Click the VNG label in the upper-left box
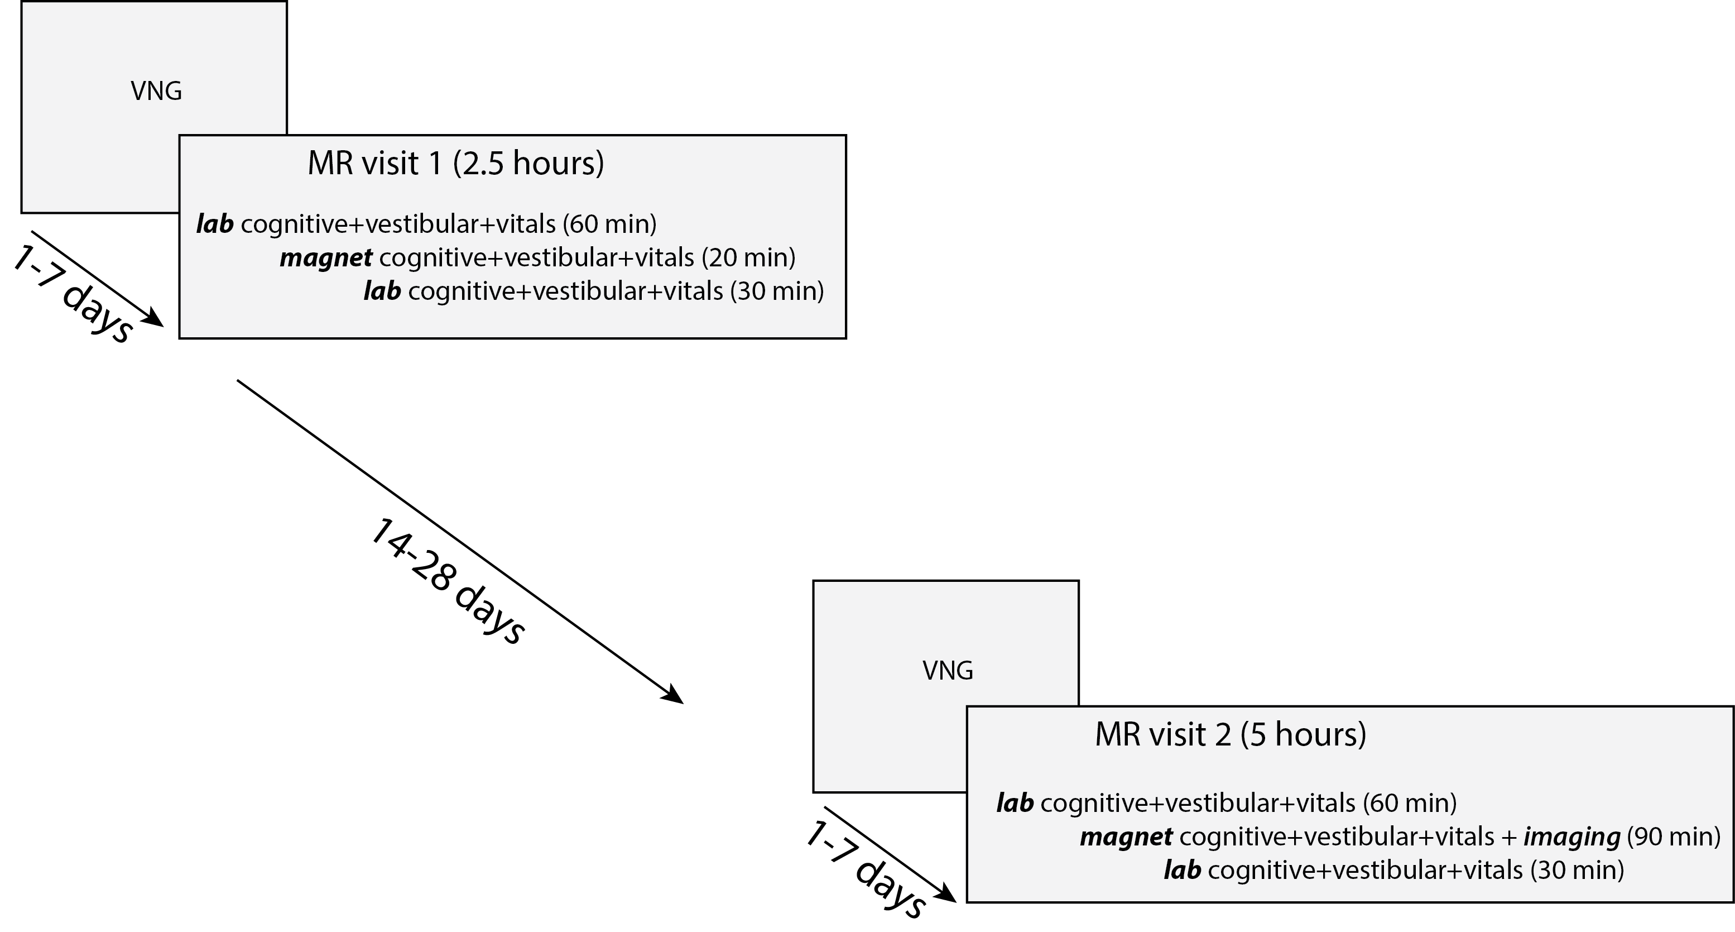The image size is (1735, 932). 156,91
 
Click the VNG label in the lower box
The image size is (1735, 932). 948,671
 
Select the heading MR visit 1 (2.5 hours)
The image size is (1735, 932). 455,164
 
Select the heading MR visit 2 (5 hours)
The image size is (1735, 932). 1230,734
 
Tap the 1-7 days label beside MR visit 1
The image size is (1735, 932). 73,294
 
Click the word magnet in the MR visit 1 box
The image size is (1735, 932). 326,257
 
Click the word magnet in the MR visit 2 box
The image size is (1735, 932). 1126,837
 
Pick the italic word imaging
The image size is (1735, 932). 1572,837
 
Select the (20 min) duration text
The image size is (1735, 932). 748,257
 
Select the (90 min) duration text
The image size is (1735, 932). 1673,837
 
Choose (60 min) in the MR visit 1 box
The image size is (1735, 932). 609,224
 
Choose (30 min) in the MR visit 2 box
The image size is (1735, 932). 1577,870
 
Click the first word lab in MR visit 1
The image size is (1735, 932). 215,224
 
